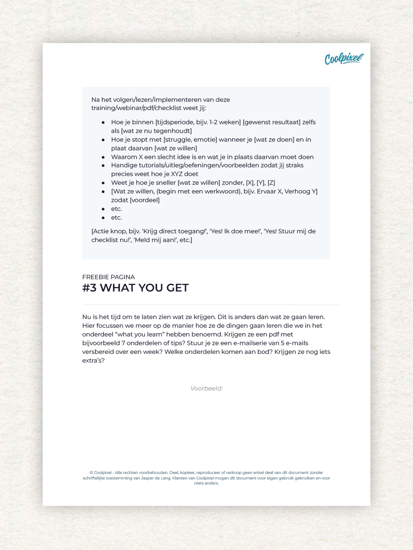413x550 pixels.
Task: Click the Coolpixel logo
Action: tap(344, 59)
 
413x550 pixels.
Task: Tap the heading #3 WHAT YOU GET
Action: tap(135, 288)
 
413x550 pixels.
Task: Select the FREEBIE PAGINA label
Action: tap(108, 277)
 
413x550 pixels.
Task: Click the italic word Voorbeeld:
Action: tap(206, 388)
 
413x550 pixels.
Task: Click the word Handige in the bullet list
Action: tap(123, 165)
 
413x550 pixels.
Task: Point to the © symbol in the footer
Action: tap(91, 473)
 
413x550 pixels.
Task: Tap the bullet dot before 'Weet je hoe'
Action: tap(103, 183)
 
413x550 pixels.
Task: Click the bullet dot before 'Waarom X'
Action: tap(103, 157)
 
